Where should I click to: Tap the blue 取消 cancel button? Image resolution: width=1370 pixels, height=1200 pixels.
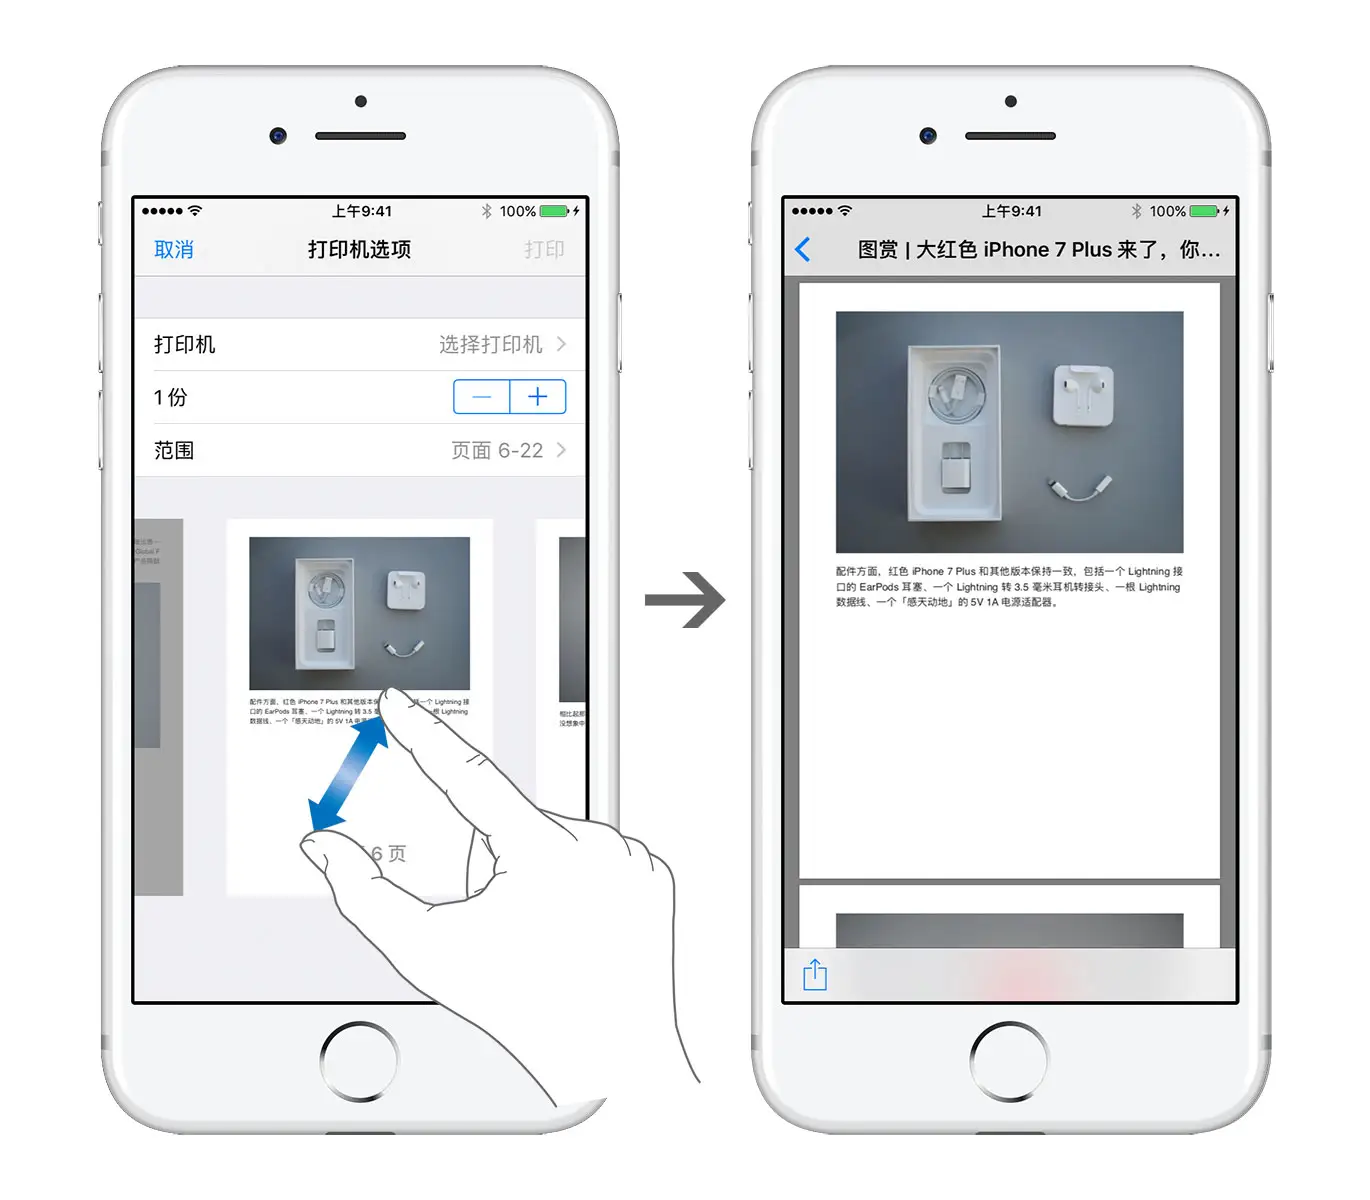[x=174, y=250]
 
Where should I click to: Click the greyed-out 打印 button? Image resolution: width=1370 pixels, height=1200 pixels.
[x=544, y=250]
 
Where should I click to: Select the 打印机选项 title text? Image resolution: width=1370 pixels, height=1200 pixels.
[x=359, y=250]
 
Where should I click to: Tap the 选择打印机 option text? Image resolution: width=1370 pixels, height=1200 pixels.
[x=490, y=345]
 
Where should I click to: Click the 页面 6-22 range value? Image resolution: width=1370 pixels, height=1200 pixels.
[x=497, y=451]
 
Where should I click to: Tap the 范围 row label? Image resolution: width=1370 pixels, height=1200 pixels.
[x=174, y=451]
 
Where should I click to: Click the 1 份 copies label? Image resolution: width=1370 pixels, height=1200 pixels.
[x=171, y=398]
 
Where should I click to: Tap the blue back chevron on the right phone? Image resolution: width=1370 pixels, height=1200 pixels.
[x=803, y=250]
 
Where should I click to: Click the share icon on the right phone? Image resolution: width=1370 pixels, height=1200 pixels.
[x=815, y=974]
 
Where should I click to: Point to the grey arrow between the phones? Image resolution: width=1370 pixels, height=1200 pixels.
[x=686, y=600]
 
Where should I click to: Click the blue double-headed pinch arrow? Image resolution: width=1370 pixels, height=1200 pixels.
[x=348, y=774]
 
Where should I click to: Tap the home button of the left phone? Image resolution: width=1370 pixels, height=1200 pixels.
[x=359, y=1061]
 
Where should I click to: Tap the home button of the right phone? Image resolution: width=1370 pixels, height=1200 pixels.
[x=1009, y=1061]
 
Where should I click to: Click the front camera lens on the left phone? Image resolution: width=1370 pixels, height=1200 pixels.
[x=278, y=136]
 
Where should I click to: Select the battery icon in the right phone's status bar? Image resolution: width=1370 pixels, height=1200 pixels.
[x=1204, y=212]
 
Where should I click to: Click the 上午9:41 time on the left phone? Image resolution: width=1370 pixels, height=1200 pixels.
[x=362, y=212]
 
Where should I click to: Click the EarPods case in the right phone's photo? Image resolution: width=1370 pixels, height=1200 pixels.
[x=1082, y=395]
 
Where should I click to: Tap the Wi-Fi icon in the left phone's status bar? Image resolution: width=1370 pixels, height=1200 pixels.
[x=195, y=211]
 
